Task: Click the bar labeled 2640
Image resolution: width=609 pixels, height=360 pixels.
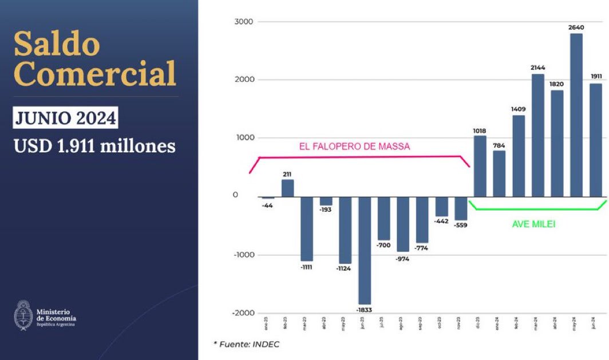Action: (576, 114)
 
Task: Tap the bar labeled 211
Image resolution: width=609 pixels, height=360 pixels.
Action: (287, 188)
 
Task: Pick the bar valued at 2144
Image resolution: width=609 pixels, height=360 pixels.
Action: (538, 135)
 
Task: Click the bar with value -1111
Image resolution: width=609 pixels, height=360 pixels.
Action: (307, 228)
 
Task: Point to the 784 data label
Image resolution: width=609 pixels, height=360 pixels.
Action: (499, 145)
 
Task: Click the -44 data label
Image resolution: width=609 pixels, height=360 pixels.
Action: (267, 205)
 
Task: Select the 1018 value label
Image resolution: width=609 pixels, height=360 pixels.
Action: (480, 130)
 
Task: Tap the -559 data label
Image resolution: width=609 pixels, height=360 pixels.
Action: (461, 225)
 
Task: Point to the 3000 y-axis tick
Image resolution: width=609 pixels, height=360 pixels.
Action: (244, 22)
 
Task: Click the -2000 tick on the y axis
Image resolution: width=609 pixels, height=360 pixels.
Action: (243, 313)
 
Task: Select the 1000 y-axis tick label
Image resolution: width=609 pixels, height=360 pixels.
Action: (244, 138)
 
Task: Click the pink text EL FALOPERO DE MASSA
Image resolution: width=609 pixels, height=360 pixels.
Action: (354, 147)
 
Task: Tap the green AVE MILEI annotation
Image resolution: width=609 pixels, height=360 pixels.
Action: (533, 224)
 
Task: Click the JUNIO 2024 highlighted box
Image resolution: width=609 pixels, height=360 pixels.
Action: (65, 118)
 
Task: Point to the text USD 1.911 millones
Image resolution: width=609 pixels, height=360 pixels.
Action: (94, 146)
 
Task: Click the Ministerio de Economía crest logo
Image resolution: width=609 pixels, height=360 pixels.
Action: (22, 316)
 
